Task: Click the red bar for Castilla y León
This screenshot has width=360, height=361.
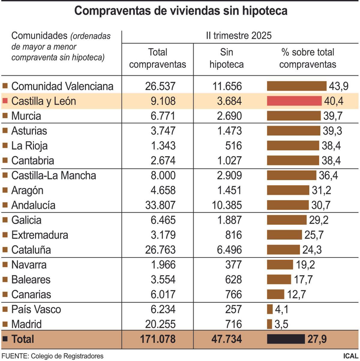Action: click(x=294, y=101)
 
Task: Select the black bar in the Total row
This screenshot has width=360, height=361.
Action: click(x=286, y=339)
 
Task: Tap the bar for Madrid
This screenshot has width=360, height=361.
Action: click(x=269, y=324)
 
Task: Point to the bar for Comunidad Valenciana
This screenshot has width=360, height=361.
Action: click(x=297, y=86)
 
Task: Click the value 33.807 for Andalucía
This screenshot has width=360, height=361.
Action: click(x=160, y=205)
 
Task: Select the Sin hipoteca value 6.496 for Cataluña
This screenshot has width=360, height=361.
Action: click(x=229, y=250)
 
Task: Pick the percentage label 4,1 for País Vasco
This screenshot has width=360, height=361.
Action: click(x=281, y=309)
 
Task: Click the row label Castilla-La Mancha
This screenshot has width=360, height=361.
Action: click(x=53, y=175)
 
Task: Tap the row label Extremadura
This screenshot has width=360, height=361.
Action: click(x=40, y=235)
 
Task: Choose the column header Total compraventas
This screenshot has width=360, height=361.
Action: click(x=157, y=58)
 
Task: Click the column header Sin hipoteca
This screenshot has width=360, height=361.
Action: click(x=226, y=58)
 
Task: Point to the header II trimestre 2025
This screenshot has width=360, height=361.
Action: click(x=238, y=36)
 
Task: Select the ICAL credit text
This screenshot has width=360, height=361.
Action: click(x=350, y=356)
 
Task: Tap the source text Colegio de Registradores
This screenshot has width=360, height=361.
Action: click(x=67, y=356)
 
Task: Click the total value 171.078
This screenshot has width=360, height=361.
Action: click(x=157, y=339)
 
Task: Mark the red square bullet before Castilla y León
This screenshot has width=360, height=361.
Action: click(x=5, y=101)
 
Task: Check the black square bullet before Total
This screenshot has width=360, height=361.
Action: click(x=5, y=339)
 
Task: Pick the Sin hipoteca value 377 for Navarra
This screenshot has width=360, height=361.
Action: click(x=233, y=265)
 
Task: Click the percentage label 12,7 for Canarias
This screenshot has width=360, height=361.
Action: click(x=296, y=294)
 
